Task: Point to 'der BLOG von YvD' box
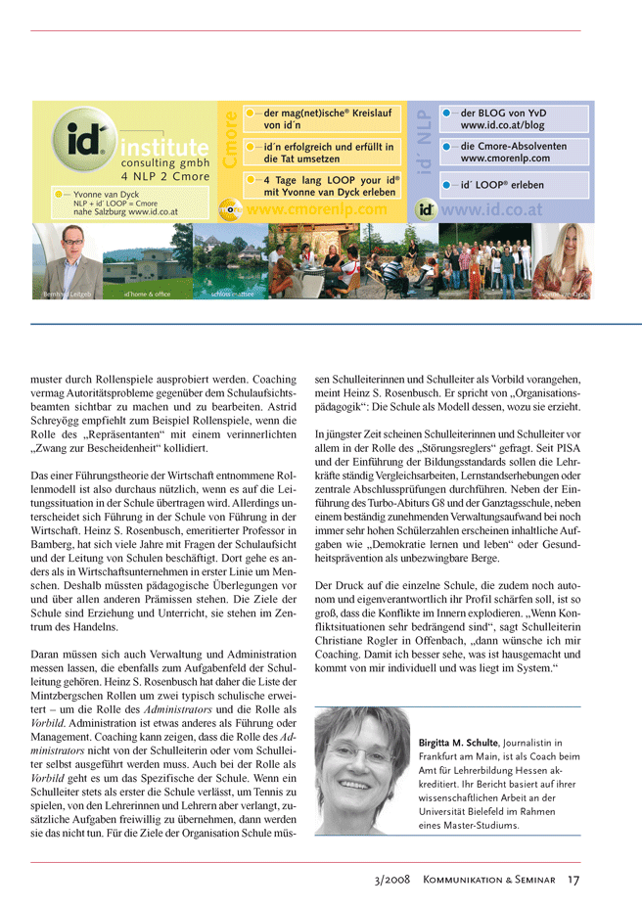pos(515,119)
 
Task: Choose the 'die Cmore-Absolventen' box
pos(515,152)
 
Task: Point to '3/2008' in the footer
pos(392,880)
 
